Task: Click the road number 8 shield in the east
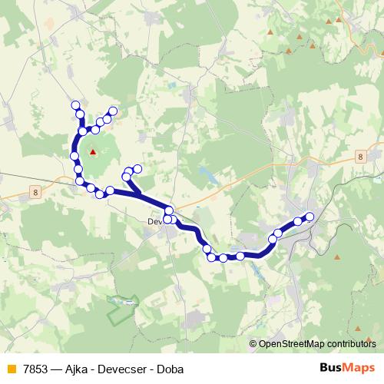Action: tap(360, 157)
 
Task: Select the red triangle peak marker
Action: tap(94, 151)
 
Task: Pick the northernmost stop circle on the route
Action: tap(75, 105)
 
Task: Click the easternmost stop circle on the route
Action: tap(310, 217)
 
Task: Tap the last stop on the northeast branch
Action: tap(113, 111)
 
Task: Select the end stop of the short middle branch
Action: tap(137, 169)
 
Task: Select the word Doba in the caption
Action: tap(170, 369)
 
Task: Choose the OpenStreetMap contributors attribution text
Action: tap(317, 344)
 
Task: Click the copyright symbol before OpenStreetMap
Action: tap(253, 344)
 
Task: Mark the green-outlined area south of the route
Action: tap(124, 308)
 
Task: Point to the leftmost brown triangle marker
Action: tap(270, 32)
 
